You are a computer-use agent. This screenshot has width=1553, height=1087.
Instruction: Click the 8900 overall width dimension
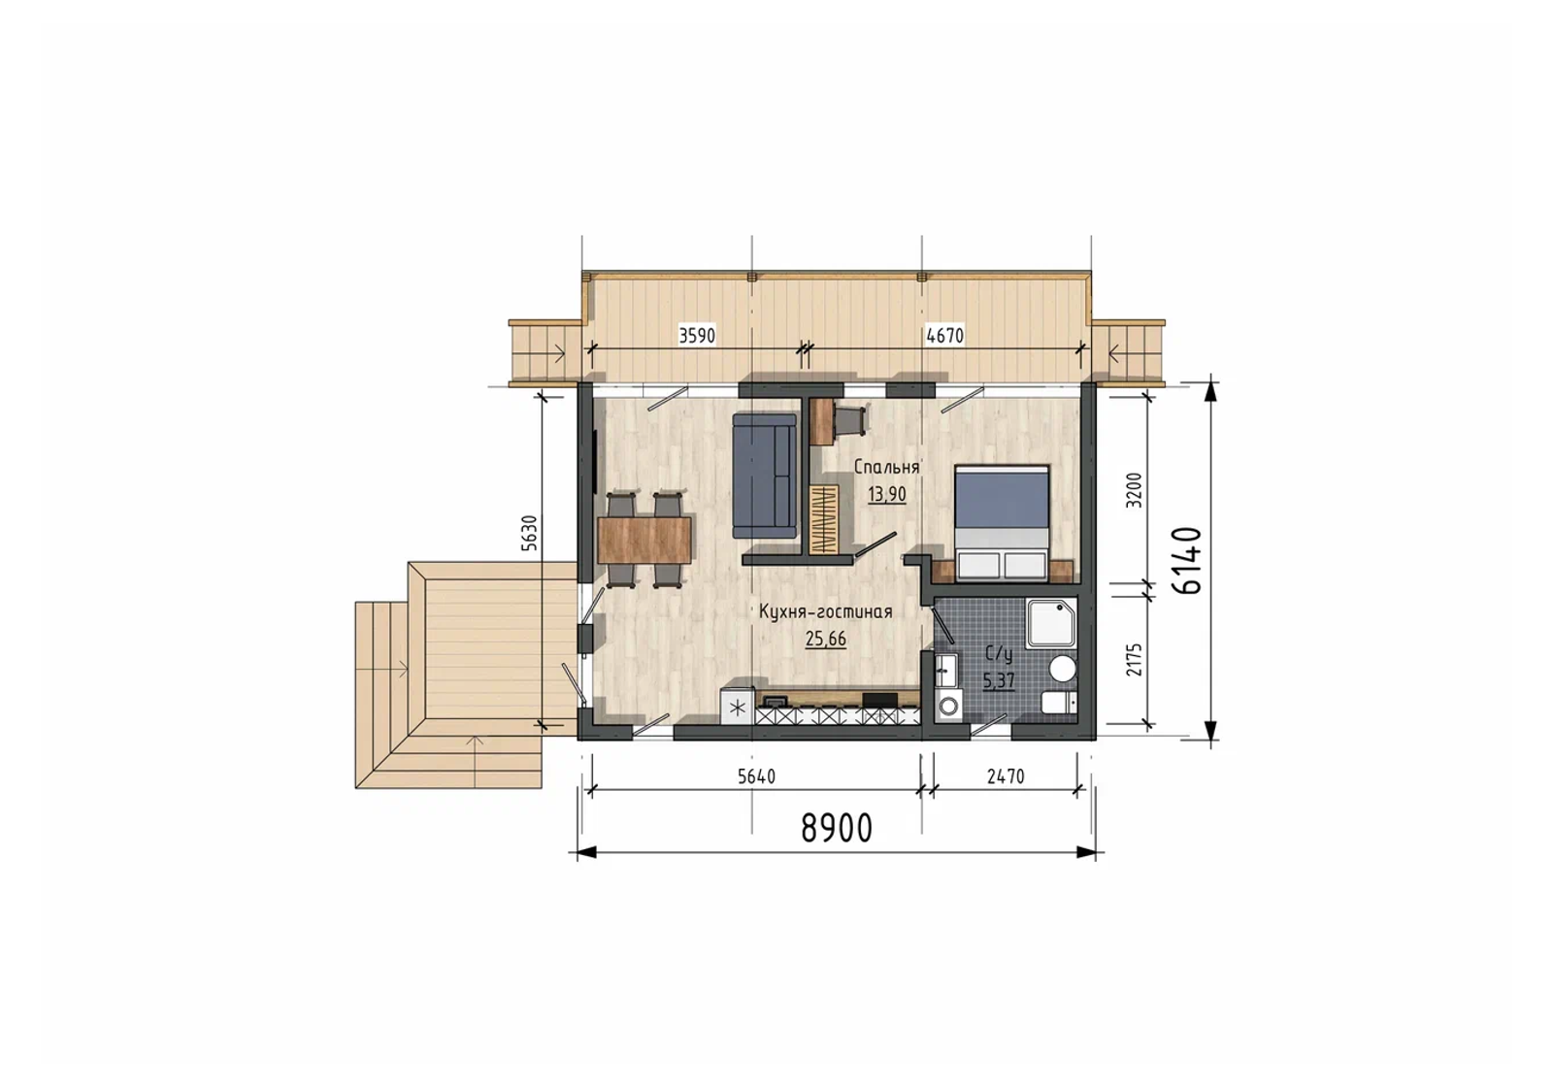837,828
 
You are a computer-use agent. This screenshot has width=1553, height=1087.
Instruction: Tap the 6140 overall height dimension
1187,560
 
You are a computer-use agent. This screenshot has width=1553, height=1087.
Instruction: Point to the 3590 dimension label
697,336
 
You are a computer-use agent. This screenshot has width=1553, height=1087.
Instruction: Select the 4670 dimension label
945,336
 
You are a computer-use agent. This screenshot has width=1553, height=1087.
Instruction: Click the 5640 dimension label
756,776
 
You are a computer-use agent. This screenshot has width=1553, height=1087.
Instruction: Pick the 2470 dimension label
1006,776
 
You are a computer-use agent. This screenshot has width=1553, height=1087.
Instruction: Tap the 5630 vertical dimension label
529,533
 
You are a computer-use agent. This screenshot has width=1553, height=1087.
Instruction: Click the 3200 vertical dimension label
1134,490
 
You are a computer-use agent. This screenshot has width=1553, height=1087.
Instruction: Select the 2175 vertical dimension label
1134,659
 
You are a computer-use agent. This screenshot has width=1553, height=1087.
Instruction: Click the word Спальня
886,467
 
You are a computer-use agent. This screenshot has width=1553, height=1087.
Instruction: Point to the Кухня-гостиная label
825,611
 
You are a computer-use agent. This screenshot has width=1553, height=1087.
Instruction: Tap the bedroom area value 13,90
887,494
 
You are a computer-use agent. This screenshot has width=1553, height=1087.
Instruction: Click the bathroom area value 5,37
999,680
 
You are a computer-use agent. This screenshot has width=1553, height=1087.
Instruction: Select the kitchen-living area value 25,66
826,639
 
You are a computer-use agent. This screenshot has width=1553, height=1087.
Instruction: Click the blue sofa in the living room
765,475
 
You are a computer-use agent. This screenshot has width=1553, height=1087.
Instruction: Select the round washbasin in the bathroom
1062,670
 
